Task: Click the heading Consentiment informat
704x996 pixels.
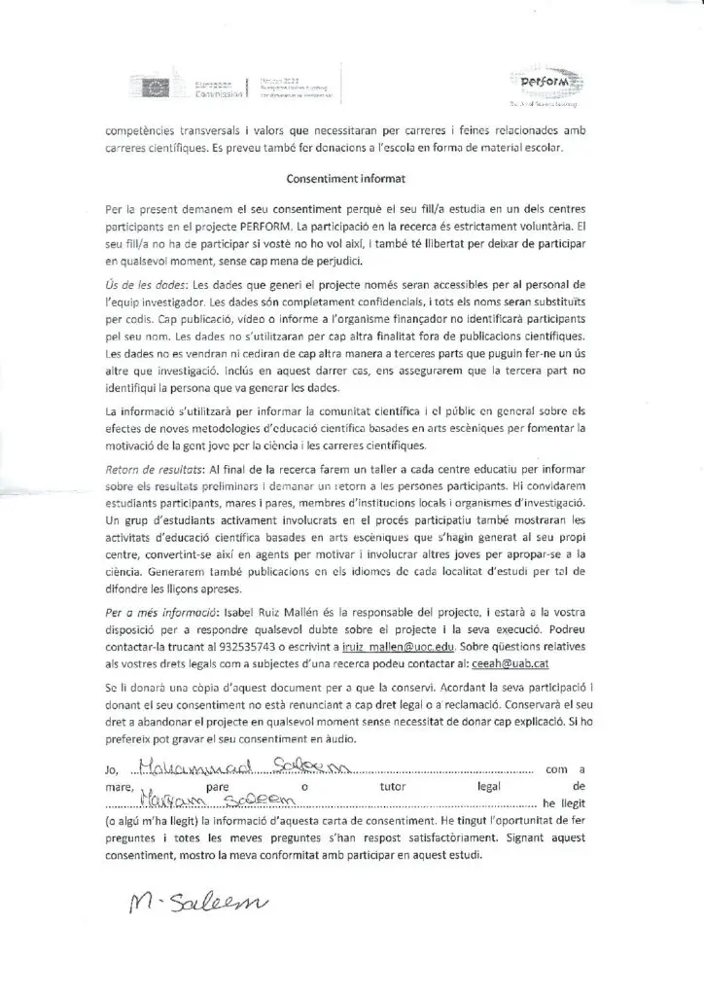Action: coord(351,179)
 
